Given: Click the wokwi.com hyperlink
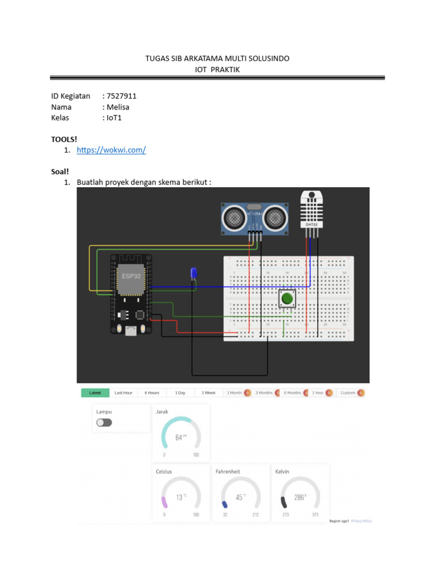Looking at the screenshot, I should [112, 150].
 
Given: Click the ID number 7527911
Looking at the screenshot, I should [121, 96].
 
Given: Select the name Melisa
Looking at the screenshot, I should [118, 107].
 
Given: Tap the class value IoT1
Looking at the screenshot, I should [114, 117].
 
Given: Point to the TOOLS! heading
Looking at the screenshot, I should [63, 138].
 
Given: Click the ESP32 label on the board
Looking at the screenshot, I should [131, 276].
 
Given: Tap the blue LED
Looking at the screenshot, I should [194, 273].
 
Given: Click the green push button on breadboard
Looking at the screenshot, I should [287, 298].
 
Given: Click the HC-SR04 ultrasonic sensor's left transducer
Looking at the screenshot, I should [233, 216].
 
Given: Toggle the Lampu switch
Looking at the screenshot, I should [104, 422].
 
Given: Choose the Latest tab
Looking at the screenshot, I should [95, 393].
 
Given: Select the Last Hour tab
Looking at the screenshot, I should [123, 393].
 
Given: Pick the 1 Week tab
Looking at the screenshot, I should [208, 393].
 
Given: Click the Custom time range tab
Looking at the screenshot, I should [348, 393].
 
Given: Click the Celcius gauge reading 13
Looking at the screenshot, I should [180, 497].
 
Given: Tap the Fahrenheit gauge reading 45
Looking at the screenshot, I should [240, 497].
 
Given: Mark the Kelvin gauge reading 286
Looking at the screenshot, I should [300, 497].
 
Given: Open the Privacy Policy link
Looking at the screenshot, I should [361, 521].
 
